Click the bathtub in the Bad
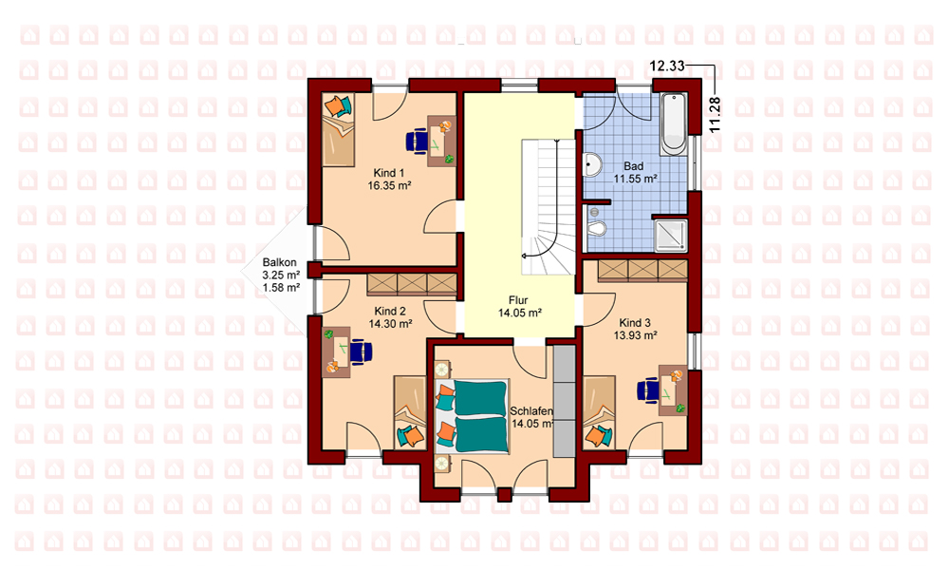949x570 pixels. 673,124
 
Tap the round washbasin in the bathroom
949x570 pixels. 592,164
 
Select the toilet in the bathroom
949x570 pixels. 597,228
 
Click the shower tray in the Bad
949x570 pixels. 672,235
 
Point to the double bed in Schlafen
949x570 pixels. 472,416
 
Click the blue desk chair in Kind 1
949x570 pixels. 418,142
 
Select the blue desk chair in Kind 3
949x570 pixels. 648,389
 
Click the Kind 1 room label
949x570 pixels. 388,174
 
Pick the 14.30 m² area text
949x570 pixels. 390,324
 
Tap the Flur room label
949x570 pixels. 518,300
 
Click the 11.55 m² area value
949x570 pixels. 635,179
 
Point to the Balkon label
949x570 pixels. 280,262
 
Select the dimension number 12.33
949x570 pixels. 666,66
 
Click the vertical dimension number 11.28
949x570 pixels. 715,115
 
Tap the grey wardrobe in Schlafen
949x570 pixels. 564,401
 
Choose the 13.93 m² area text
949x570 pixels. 636,335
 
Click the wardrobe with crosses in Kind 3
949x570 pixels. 642,271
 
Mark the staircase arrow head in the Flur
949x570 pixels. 524,256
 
